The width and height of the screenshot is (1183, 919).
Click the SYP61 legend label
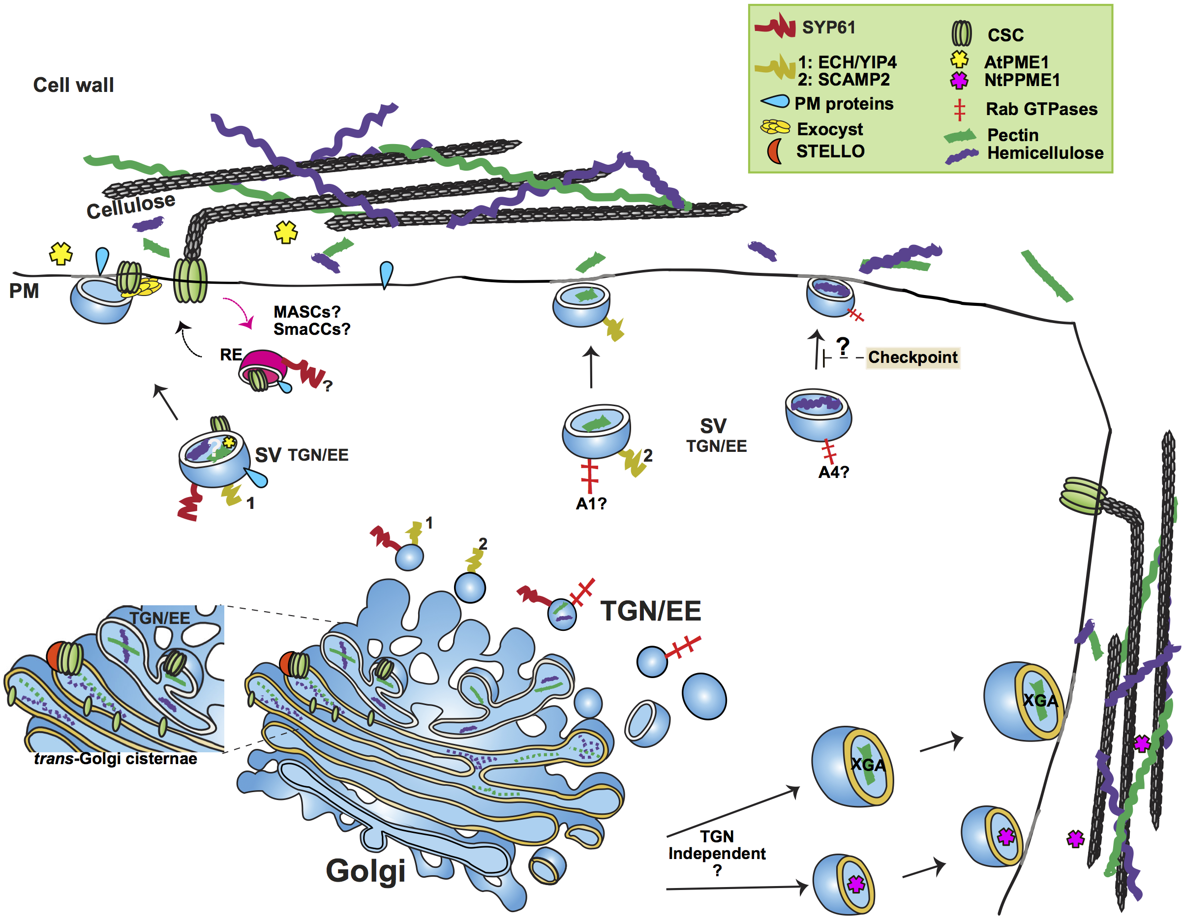828,27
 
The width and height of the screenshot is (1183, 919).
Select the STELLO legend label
830,151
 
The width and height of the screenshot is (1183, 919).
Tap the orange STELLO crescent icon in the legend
774,151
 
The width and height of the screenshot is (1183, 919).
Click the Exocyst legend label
830,129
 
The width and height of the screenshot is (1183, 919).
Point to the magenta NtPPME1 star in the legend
959,80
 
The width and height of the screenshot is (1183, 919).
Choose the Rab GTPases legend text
1041,109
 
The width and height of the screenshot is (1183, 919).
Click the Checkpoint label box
913,357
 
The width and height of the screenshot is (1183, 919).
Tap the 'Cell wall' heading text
74,85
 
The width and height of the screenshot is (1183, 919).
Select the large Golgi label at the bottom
365,871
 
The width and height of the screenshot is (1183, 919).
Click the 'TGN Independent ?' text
717,853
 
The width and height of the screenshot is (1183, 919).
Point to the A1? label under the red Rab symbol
591,504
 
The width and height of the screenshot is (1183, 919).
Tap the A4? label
833,472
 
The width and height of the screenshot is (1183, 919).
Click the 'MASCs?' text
306,312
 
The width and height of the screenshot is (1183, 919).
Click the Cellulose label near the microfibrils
130,206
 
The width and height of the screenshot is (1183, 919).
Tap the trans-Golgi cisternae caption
116,758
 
